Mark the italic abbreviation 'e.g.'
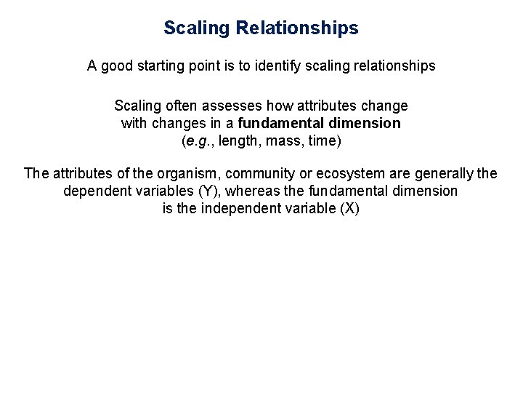pos(194,140)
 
